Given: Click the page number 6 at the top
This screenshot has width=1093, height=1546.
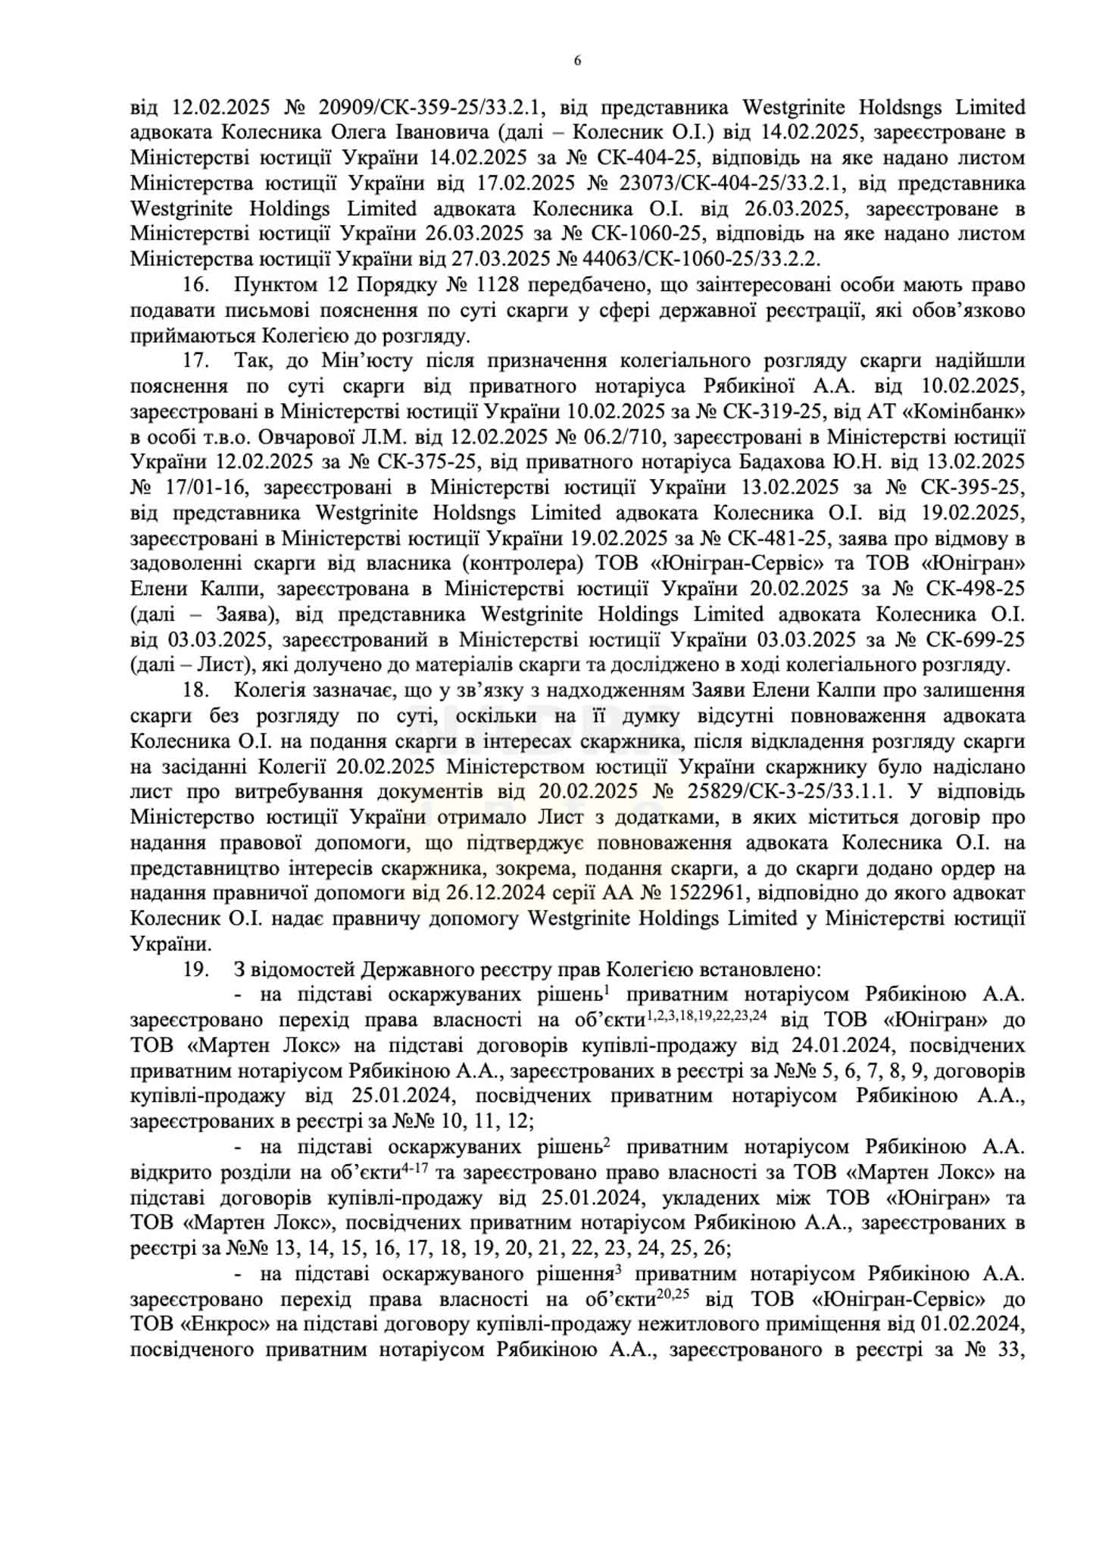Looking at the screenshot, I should (578, 61).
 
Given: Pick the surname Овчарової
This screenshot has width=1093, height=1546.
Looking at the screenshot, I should (316, 437).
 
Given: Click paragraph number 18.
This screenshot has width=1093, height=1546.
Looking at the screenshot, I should (195, 690).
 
